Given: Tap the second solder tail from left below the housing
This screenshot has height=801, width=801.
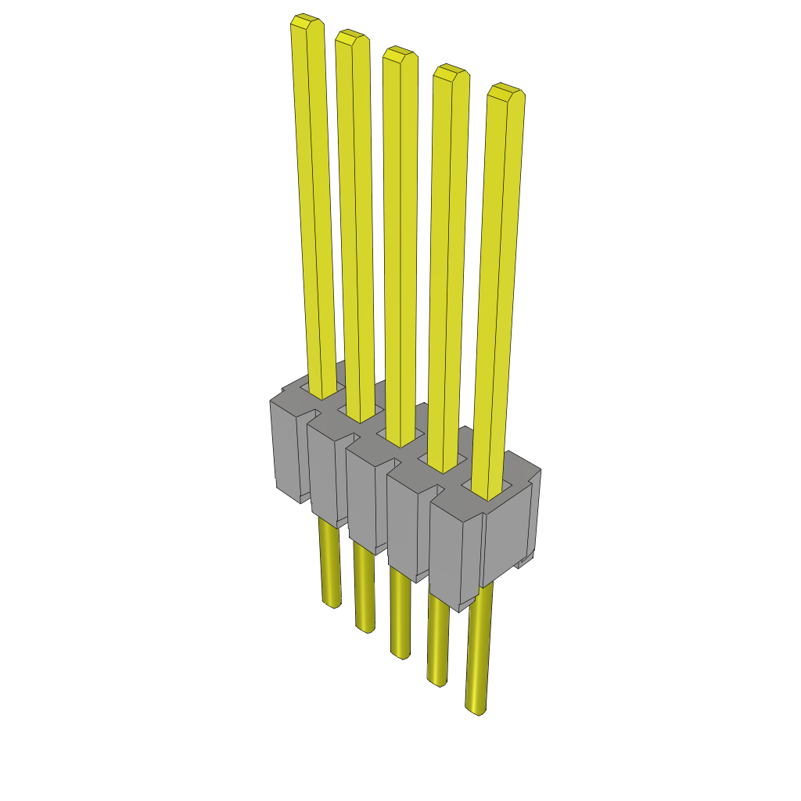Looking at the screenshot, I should [365, 623].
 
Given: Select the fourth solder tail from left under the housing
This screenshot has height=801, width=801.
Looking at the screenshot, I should [436, 679].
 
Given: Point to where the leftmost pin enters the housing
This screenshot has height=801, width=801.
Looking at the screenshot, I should [322, 392].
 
